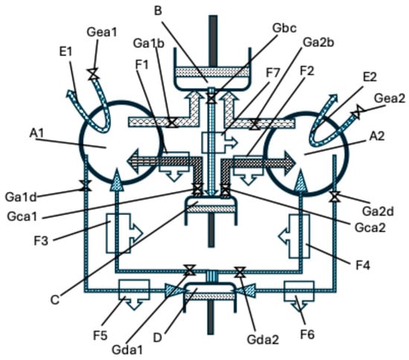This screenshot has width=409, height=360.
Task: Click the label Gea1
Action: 102,32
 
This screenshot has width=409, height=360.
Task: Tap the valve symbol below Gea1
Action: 93,74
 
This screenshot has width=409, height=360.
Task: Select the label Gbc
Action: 284,28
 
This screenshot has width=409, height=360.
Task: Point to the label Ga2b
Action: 318,42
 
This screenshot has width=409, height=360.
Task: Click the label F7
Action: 273,73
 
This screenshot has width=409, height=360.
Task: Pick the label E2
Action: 370,77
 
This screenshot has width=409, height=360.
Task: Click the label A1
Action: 36,134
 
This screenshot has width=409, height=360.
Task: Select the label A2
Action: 377,136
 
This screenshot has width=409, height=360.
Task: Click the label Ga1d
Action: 21,197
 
